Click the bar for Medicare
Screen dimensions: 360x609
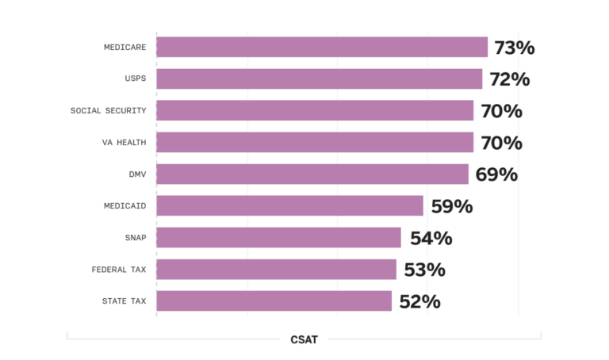(322, 48)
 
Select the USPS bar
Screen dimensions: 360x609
(319, 79)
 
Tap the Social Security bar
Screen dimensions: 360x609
(315, 111)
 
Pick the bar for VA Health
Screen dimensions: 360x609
(315, 143)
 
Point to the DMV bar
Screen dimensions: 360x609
(312, 174)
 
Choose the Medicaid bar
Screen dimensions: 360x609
(289, 206)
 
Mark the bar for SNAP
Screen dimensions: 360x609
(278, 238)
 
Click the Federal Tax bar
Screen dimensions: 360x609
(276, 270)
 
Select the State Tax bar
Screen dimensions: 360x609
(274, 301)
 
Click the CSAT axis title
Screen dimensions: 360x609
(304, 339)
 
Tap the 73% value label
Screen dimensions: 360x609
(514, 48)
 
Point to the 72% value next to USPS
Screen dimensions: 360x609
(509, 79)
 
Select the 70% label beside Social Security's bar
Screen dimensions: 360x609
(501, 111)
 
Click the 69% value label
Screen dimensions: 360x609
(496, 174)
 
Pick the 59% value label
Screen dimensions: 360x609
(451, 206)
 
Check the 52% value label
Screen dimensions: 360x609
(419, 301)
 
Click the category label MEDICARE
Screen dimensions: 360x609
(124, 48)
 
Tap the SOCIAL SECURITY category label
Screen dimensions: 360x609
(108, 111)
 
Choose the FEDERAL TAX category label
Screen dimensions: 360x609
(119, 270)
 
